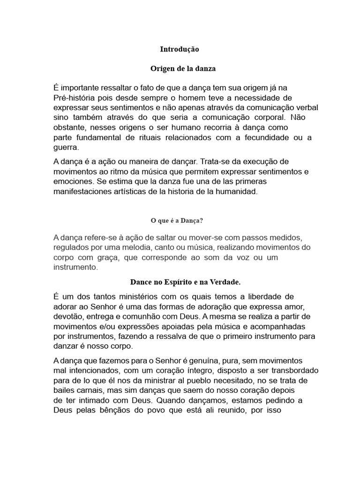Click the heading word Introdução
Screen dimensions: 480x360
180,49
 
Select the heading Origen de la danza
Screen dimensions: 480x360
183,68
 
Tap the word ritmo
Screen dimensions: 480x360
112,172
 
